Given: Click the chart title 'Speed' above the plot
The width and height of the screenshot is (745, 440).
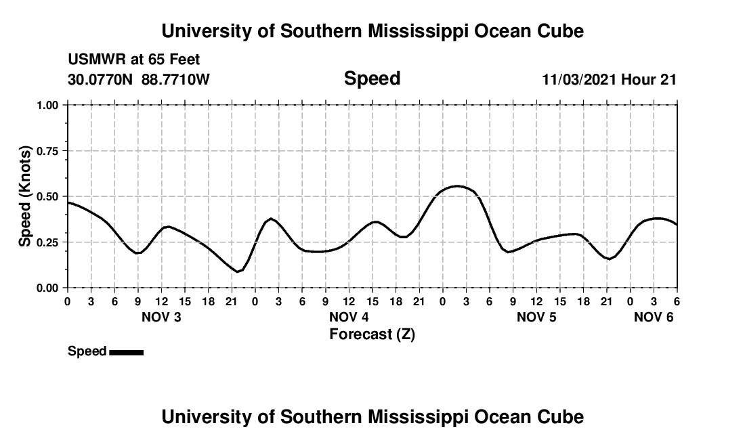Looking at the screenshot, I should point(372,79).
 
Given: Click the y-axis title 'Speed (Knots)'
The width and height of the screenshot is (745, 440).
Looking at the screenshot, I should point(25,196).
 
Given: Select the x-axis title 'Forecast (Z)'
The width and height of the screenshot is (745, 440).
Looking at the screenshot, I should point(372,334).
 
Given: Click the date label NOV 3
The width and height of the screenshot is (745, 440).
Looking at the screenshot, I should point(161,317).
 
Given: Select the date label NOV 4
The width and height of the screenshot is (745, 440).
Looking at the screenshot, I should point(349,317).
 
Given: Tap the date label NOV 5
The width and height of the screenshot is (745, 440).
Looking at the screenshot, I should point(536,317).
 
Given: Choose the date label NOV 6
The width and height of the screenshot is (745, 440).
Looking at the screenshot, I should point(654,317).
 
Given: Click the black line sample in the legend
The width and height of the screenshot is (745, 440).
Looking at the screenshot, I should point(126,352).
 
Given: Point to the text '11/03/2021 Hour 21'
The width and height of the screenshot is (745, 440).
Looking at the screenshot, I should point(610,80).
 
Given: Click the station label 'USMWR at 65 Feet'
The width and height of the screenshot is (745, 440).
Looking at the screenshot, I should point(134,60).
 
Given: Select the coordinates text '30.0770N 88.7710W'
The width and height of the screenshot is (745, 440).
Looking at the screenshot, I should point(139,80).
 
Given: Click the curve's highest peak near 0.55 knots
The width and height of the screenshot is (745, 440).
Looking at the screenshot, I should point(458,185).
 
